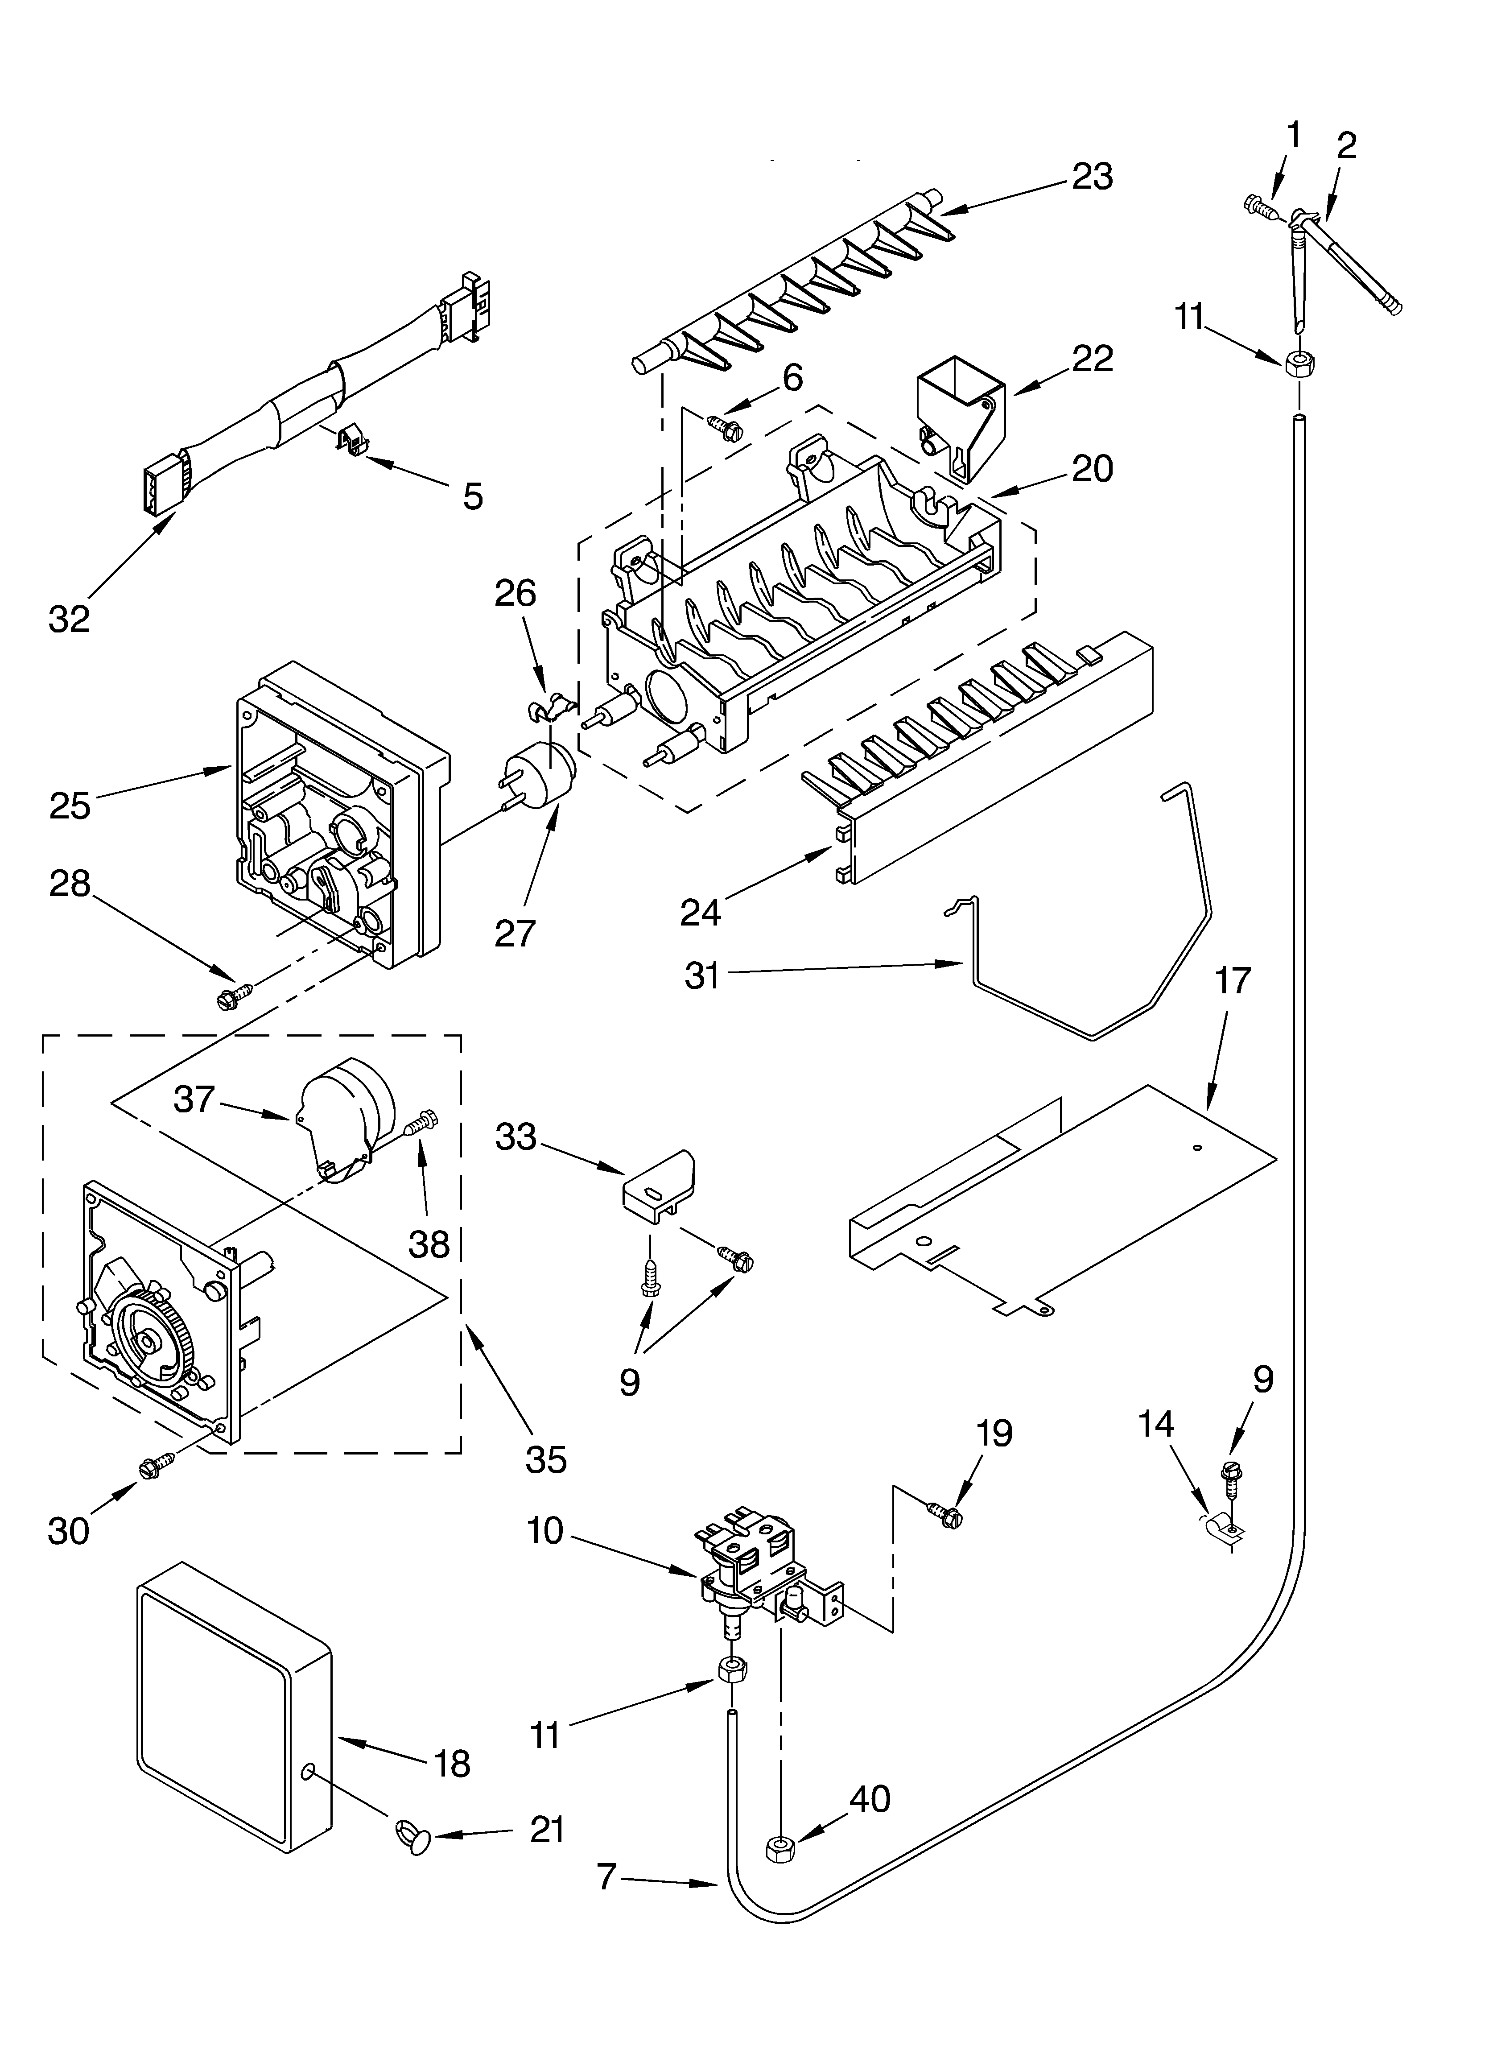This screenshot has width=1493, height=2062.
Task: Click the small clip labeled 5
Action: pyautogui.click(x=351, y=441)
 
